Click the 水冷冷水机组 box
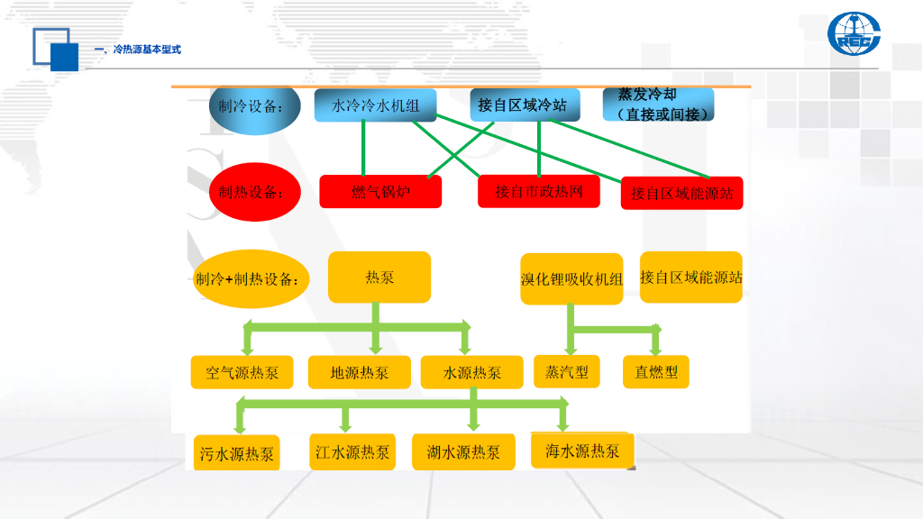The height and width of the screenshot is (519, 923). coord(375,105)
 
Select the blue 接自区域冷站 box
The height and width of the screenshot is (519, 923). coord(522,105)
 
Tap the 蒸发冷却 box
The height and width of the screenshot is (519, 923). coord(658,105)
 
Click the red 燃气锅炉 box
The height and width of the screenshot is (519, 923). coord(380,191)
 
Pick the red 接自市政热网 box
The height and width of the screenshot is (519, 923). coord(538,191)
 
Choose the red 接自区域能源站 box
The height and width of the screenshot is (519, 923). coord(681,193)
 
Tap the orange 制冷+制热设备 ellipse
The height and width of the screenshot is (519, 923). coord(248,278)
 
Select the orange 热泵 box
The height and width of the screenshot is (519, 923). coord(379,278)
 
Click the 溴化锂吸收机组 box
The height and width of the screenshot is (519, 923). coord(571,279)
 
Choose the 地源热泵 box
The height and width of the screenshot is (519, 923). coord(360,372)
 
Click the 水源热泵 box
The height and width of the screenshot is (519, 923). coord(472,372)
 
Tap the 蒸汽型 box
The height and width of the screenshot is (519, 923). coord(566,371)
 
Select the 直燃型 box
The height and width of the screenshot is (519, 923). coord(655,371)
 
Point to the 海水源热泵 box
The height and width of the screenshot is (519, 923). coord(582,451)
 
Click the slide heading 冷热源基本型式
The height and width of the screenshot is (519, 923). coord(143,50)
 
